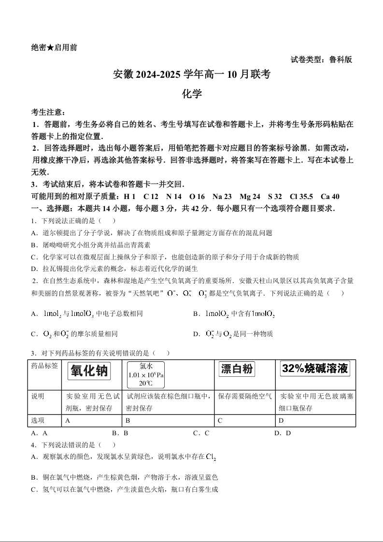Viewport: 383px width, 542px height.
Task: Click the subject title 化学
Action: pos(191,94)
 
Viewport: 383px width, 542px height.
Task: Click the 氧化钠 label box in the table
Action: pos(90,371)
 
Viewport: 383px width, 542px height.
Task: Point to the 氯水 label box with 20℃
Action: pos(146,375)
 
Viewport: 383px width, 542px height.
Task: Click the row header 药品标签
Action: pos(44,366)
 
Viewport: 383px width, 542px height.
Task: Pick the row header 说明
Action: pos(38,396)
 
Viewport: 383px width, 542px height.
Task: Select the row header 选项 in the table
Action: pos(38,420)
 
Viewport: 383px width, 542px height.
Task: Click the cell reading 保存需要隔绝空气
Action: pos(244,396)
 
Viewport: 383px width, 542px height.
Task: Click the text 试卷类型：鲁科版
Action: pos(321,60)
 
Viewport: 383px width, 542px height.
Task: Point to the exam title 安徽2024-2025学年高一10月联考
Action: pos(191,75)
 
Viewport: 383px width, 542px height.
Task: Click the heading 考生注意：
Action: pos(48,112)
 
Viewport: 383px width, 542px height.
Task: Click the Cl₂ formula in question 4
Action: pos(211,456)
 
